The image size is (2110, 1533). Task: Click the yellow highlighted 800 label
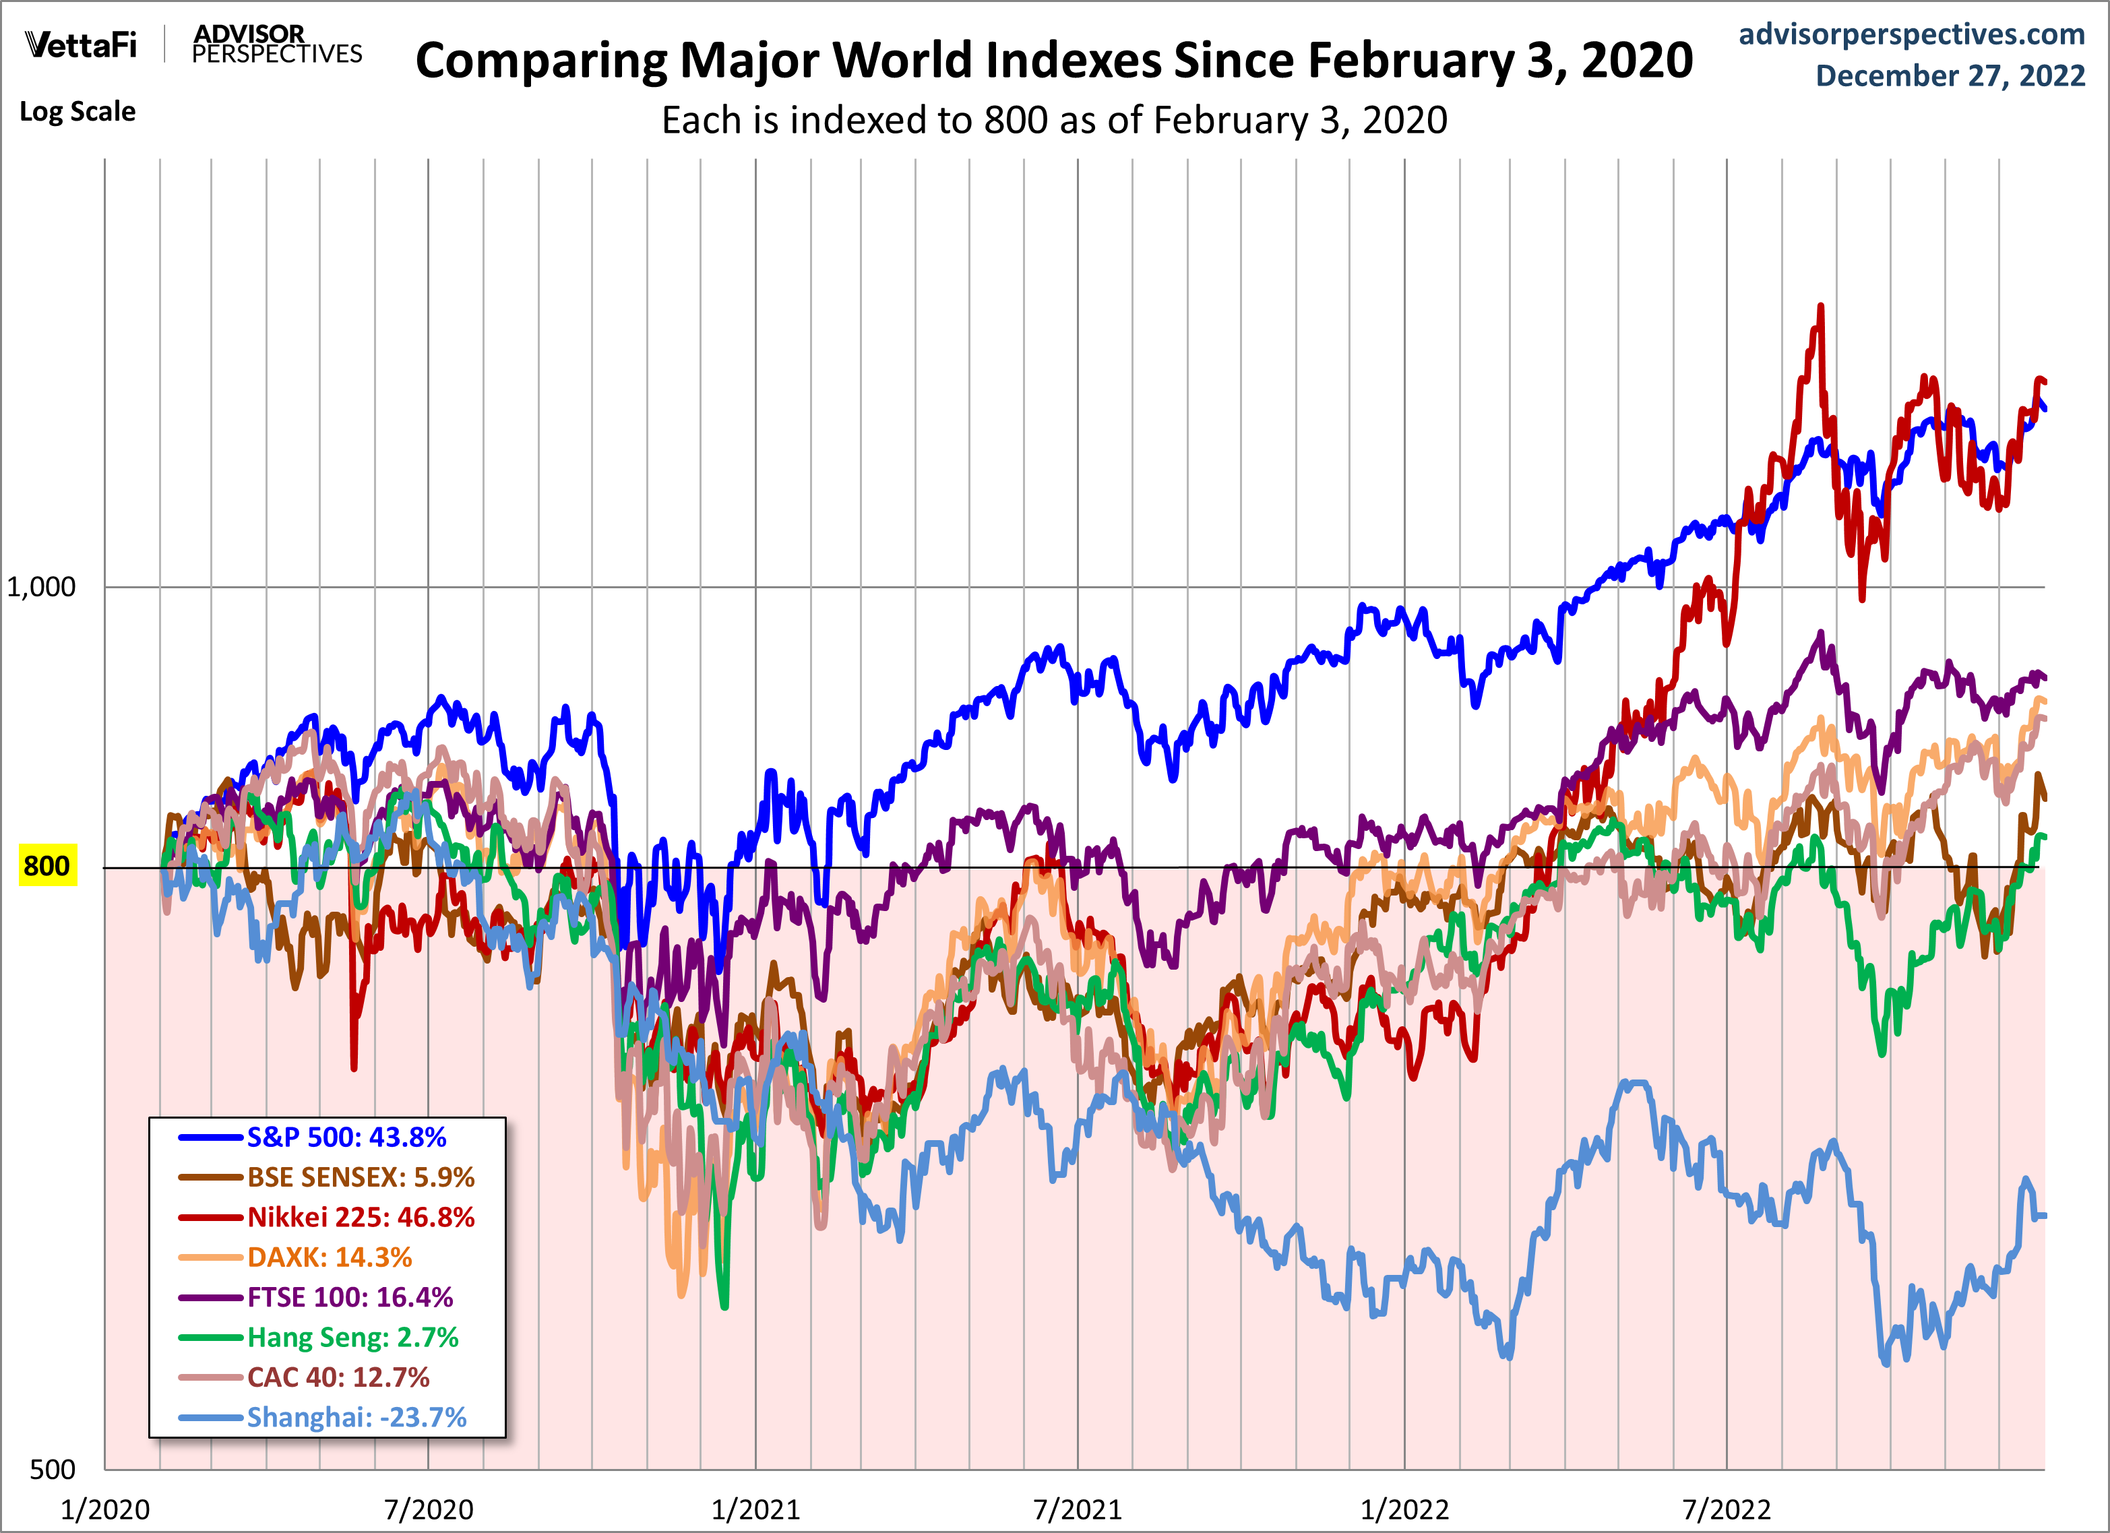[46, 866]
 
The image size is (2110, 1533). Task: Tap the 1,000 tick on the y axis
[41, 587]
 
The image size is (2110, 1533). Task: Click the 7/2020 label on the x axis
[429, 1509]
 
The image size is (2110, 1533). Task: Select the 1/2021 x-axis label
[755, 1509]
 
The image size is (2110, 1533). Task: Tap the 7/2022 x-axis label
[1727, 1509]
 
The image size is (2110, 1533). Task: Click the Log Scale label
[77, 112]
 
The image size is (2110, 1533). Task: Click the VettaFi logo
[81, 44]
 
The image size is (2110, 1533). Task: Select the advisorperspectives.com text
[1911, 34]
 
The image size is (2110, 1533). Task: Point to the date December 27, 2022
[1950, 75]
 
